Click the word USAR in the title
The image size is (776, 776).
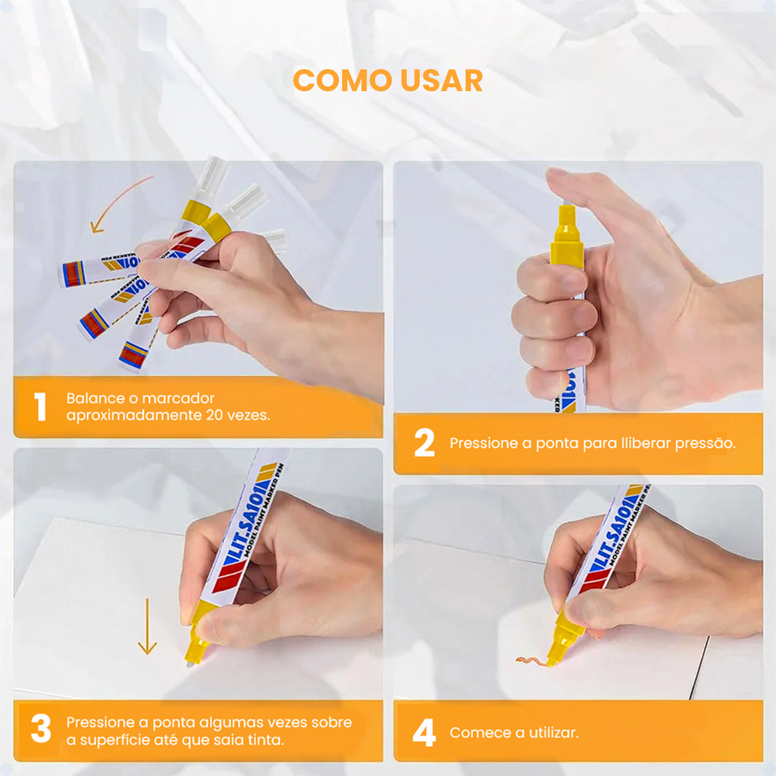click(x=442, y=80)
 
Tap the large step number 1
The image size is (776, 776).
click(x=41, y=406)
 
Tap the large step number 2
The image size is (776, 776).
click(x=424, y=443)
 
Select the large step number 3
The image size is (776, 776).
click(x=41, y=728)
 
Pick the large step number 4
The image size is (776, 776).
click(x=424, y=733)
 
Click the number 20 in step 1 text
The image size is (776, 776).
click(x=214, y=415)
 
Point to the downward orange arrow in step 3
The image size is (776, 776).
click(x=147, y=626)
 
